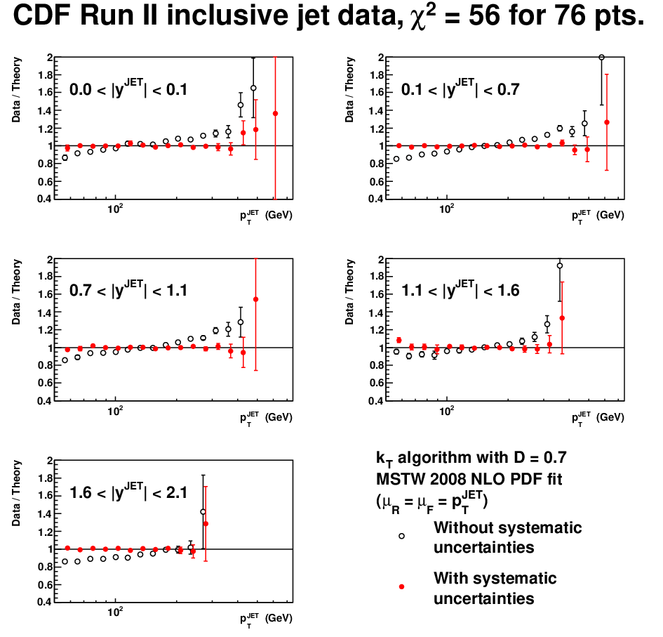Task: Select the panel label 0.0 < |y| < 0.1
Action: [128, 88]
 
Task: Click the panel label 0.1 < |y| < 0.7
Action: [460, 88]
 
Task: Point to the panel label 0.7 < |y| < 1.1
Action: [128, 290]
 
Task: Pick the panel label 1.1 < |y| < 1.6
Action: [460, 290]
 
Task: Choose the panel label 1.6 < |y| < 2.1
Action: [128, 492]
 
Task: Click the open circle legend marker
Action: [402, 536]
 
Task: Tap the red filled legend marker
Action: [402, 586]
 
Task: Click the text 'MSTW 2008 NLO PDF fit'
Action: [469, 479]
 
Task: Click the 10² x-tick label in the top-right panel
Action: [446, 209]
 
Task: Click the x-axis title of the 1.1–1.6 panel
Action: [598, 418]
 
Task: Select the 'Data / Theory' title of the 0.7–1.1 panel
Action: [16, 292]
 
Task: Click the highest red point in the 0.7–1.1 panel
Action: [256, 299]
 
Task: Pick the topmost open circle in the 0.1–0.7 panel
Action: [602, 57]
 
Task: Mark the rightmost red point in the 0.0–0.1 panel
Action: [275, 114]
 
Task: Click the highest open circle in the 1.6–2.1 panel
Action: [203, 512]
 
